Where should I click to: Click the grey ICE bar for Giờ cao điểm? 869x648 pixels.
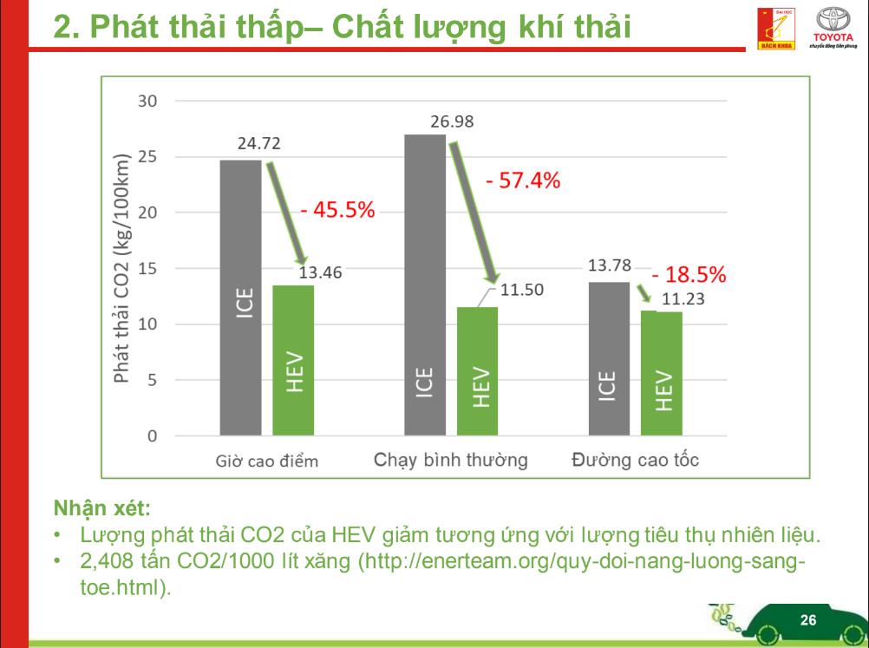pyautogui.click(x=240, y=297)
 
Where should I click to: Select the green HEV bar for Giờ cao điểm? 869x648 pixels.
pyautogui.click(x=293, y=360)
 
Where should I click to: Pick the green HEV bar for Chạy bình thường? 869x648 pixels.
pyautogui.click(x=478, y=370)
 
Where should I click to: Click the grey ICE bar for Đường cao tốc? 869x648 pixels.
pyautogui.click(x=609, y=358)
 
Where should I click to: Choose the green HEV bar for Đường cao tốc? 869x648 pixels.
pyautogui.click(x=662, y=373)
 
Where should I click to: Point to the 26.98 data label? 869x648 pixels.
pyautogui.click(x=452, y=121)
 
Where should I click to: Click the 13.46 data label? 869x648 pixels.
pyautogui.click(x=321, y=273)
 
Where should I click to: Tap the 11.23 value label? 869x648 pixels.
pyautogui.click(x=683, y=300)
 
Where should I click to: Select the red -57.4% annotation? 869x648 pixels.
pyautogui.click(x=523, y=181)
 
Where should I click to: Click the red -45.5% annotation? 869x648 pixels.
pyautogui.click(x=337, y=209)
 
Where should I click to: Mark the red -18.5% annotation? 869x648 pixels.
pyautogui.click(x=689, y=275)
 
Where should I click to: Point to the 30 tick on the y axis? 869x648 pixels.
pyautogui.click(x=147, y=101)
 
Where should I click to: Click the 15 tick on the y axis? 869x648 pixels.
pyautogui.click(x=147, y=269)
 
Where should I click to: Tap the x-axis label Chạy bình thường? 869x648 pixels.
pyautogui.click(x=450, y=460)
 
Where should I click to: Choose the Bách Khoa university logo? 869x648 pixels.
pyautogui.click(x=776, y=29)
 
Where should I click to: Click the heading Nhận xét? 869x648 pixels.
pyautogui.click(x=101, y=506)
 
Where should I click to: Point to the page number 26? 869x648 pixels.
pyautogui.click(x=807, y=620)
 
